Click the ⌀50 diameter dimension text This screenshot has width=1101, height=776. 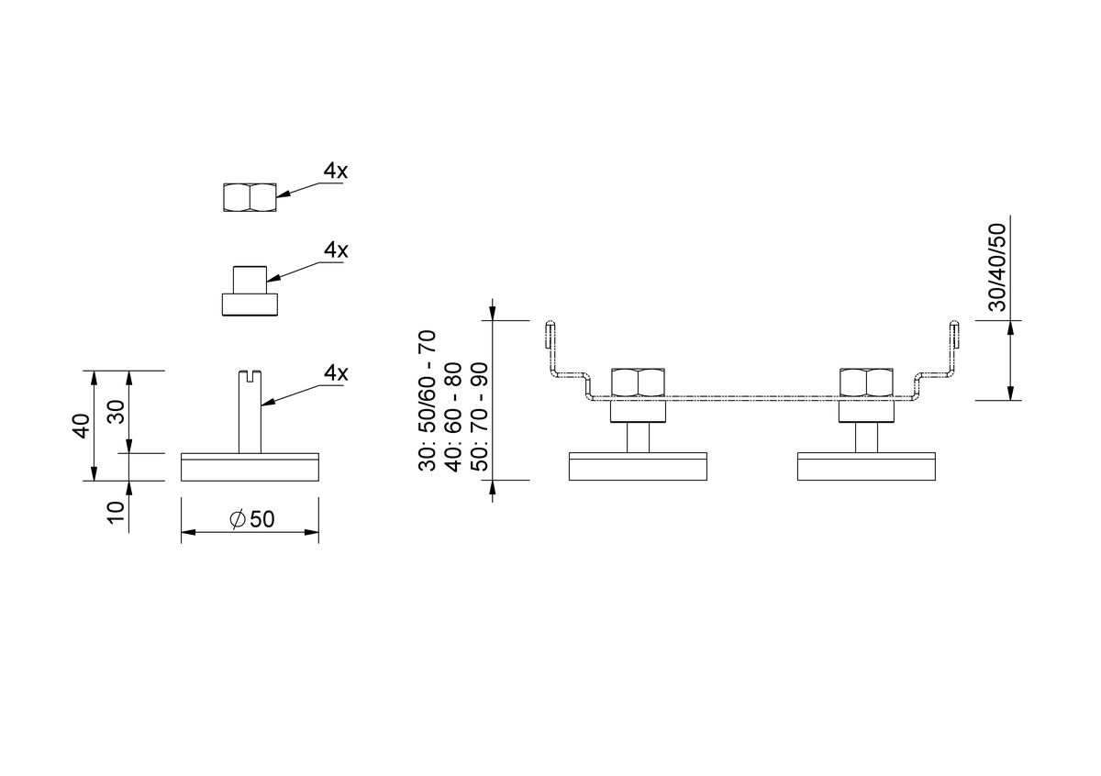(252, 519)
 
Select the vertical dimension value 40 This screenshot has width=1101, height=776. (81, 427)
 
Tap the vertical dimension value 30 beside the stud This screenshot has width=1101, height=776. (117, 412)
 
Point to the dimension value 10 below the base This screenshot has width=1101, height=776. (117, 513)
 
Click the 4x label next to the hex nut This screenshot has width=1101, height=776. (335, 171)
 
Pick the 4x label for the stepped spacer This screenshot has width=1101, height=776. (336, 250)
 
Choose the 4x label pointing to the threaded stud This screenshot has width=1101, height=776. (336, 373)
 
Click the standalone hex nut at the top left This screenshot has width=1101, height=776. (250, 197)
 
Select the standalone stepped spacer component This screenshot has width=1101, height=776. (250, 291)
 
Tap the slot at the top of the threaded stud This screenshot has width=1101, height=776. (250, 375)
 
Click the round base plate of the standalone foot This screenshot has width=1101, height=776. (250, 467)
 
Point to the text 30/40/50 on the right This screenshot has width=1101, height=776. (997, 267)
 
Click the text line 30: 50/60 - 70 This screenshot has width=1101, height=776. (428, 401)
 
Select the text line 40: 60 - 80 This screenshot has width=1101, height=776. (453, 416)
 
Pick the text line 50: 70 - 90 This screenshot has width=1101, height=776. (479, 416)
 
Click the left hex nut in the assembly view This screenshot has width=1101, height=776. (638, 382)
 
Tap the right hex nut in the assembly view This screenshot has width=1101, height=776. (866, 382)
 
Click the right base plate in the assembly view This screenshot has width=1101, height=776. (866, 466)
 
